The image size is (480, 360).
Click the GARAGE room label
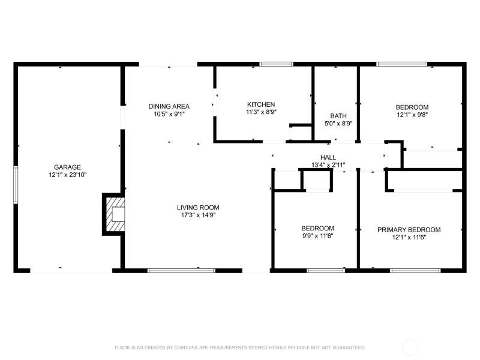67,167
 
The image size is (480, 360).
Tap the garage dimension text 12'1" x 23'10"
68,175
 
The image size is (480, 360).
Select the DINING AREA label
169,107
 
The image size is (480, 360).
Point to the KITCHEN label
261,104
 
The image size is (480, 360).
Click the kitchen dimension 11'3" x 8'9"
261,112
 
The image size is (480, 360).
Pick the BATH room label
338,116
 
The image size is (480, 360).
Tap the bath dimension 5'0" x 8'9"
338,124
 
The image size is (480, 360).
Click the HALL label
328,157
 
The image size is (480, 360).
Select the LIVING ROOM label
198,208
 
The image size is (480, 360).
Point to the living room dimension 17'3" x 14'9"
198,215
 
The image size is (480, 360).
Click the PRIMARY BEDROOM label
409,230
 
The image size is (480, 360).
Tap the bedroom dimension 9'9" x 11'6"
317,236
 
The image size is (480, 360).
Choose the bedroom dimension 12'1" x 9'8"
412,115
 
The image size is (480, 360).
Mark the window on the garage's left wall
16,185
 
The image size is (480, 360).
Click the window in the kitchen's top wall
276,64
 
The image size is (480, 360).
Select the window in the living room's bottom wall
181,271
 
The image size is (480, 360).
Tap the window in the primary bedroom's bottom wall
415,271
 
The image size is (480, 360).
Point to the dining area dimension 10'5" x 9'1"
169,114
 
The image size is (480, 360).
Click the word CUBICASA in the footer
186,348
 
